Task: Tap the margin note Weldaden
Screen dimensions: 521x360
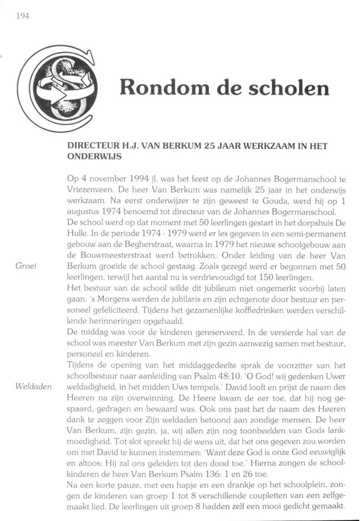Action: pyautogui.click(x=33, y=386)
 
